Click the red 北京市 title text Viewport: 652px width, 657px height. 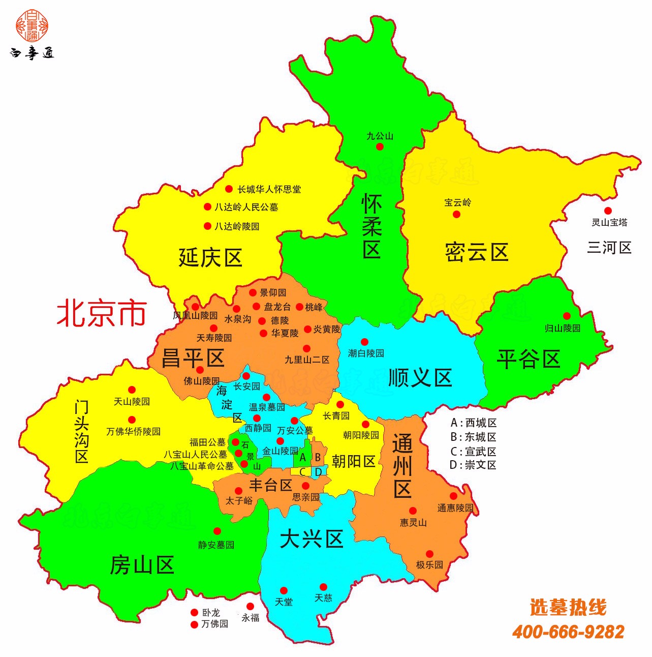coord(102,312)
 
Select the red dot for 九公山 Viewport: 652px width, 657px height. coord(380,146)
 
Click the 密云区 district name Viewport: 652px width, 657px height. coord(477,252)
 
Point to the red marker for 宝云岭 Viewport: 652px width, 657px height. coord(456,214)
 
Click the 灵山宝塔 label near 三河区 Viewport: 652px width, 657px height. coord(609,222)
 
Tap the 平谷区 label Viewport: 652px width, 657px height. coord(529,359)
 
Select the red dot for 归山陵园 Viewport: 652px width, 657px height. coord(567,316)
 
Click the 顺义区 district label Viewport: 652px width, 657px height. coord(420,377)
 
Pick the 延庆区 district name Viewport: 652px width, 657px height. coord(210,257)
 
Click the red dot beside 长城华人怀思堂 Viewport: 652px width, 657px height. coord(229,189)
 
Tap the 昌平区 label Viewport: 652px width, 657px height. coord(193,358)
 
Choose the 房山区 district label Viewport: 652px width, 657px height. coord(142,564)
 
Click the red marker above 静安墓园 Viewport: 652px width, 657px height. coord(217,531)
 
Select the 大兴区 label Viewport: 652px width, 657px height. coord(312,539)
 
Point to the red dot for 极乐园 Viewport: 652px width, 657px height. coord(429,554)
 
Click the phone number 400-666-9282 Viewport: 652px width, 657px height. coord(568,632)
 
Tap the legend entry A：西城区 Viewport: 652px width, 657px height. coord(473,423)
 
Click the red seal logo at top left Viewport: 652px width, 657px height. coord(32,25)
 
